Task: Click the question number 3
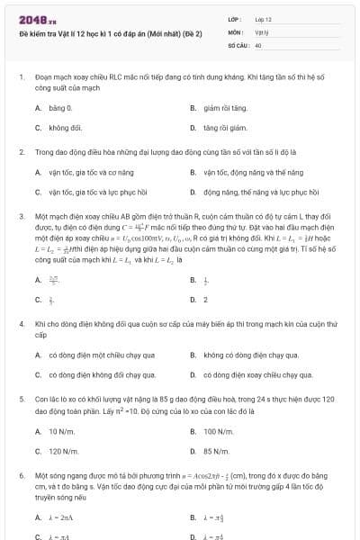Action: tap(21, 217)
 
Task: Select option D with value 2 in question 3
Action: tap(205, 300)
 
